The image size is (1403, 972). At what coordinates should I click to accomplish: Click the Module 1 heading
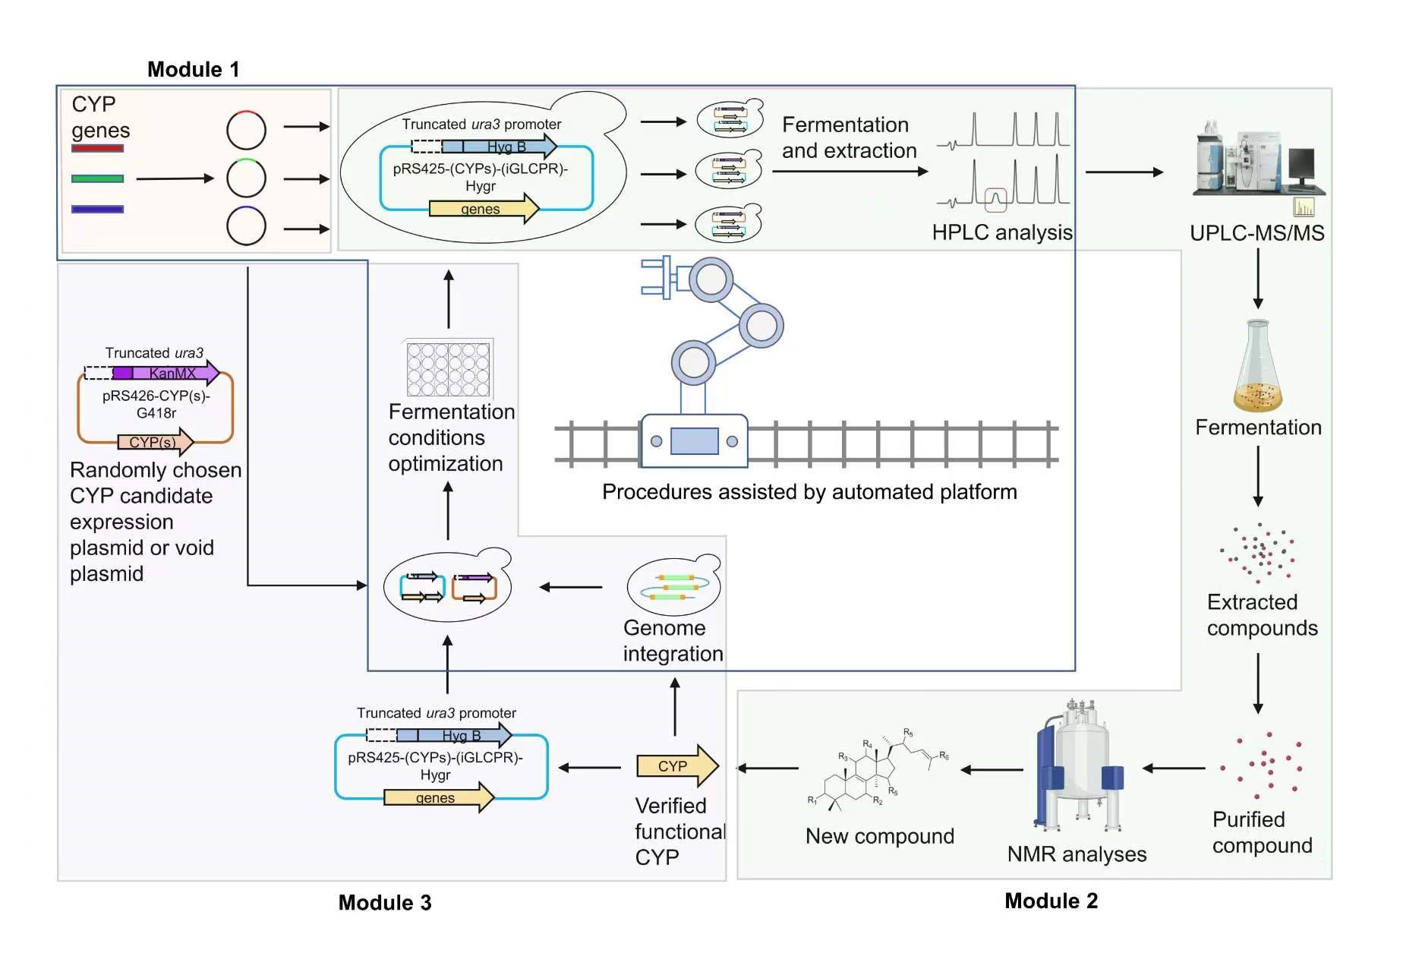click(x=193, y=70)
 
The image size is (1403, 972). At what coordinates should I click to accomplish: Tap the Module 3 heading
click(x=384, y=902)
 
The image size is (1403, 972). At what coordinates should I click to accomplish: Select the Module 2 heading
click(x=1051, y=901)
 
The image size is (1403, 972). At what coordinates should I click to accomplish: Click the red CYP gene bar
click(x=97, y=148)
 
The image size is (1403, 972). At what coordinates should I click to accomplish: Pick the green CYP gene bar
click(x=97, y=178)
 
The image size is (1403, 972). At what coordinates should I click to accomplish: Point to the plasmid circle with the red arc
click(x=246, y=130)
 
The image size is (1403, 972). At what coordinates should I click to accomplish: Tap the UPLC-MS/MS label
click(x=1256, y=233)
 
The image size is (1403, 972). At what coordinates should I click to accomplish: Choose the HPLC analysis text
click(x=1001, y=232)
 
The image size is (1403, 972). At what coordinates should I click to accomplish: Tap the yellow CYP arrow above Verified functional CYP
click(x=676, y=765)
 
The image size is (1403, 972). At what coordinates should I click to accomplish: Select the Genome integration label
click(x=672, y=641)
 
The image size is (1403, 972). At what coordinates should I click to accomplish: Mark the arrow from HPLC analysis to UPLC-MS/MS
click(x=1124, y=172)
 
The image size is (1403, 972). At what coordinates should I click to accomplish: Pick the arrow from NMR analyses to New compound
click(x=992, y=770)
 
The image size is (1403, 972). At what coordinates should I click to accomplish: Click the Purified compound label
click(x=1261, y=832)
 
